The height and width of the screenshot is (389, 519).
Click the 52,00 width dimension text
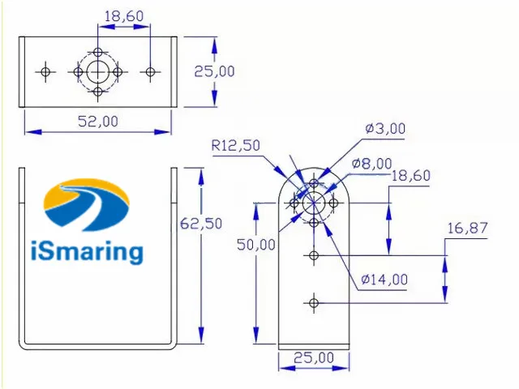tap(98, 121)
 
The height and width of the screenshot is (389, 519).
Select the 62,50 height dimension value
tap(201, 224)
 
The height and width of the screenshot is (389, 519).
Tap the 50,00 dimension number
tap(256, 245)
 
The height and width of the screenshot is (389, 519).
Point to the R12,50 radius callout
tap(236, 146)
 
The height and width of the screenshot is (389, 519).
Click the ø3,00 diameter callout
tap(385, 128)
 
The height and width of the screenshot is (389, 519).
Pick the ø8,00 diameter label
tap(372, 164)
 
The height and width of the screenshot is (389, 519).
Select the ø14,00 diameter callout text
tap(384, 280)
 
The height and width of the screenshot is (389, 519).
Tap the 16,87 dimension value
tap(467, 229)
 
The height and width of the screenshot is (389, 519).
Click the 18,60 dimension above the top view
tap(124, 16)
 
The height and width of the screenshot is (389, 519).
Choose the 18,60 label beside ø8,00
tap(411, 176)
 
